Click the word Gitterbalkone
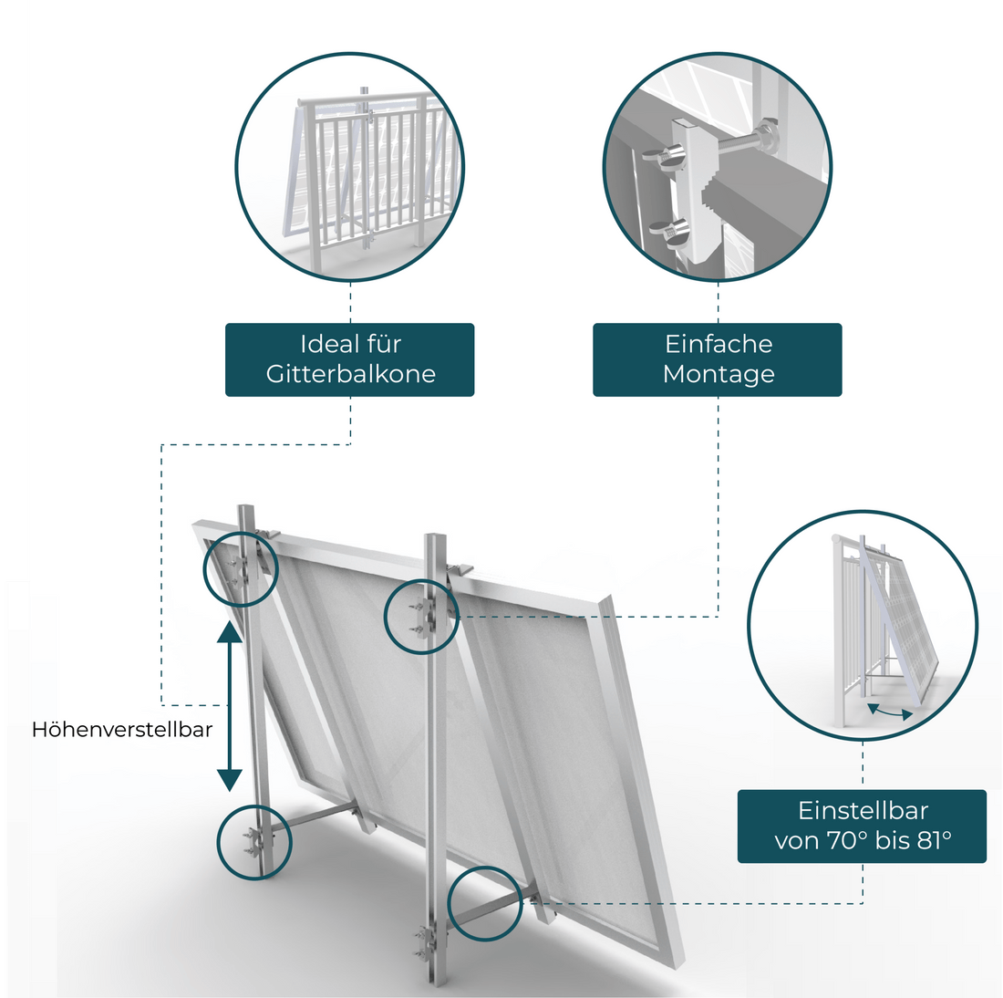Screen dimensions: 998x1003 (350, 374)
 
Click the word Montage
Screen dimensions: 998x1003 (718, 374)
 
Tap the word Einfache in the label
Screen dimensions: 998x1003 (718, 344)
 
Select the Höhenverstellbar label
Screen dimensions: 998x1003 (122, 730)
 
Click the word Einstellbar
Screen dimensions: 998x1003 (863, 810)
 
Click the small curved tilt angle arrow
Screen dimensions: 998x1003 (888, 712)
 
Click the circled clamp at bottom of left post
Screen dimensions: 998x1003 (253, 841)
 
